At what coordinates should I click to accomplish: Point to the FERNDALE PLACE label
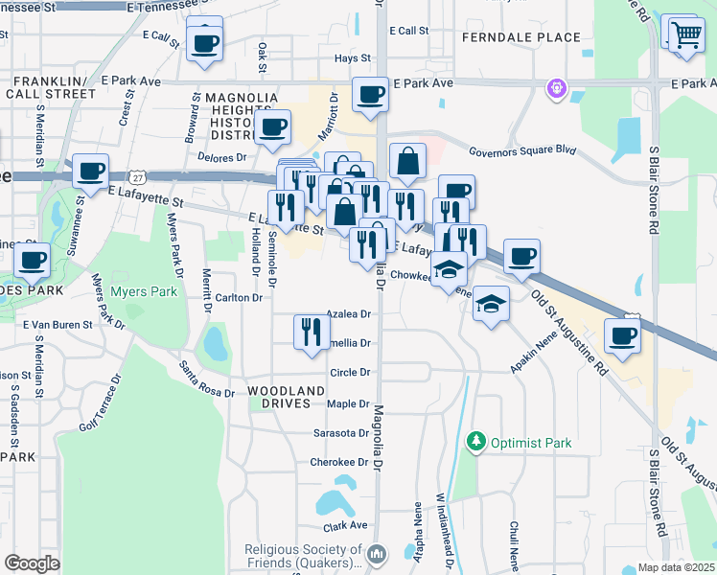pos(520,37)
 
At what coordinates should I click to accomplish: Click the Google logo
pos(32,563)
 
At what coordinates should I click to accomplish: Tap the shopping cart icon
pos(684,36)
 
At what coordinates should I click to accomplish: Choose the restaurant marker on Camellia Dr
pos(311,333)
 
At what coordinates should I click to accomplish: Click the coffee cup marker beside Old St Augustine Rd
pos(623,336)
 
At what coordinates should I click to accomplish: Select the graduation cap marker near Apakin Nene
pos(491,305)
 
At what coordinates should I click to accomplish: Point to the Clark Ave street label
pos(346,525)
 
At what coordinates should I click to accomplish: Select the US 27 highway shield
pos(139,177)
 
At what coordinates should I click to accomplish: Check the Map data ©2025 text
pos(668,567)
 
